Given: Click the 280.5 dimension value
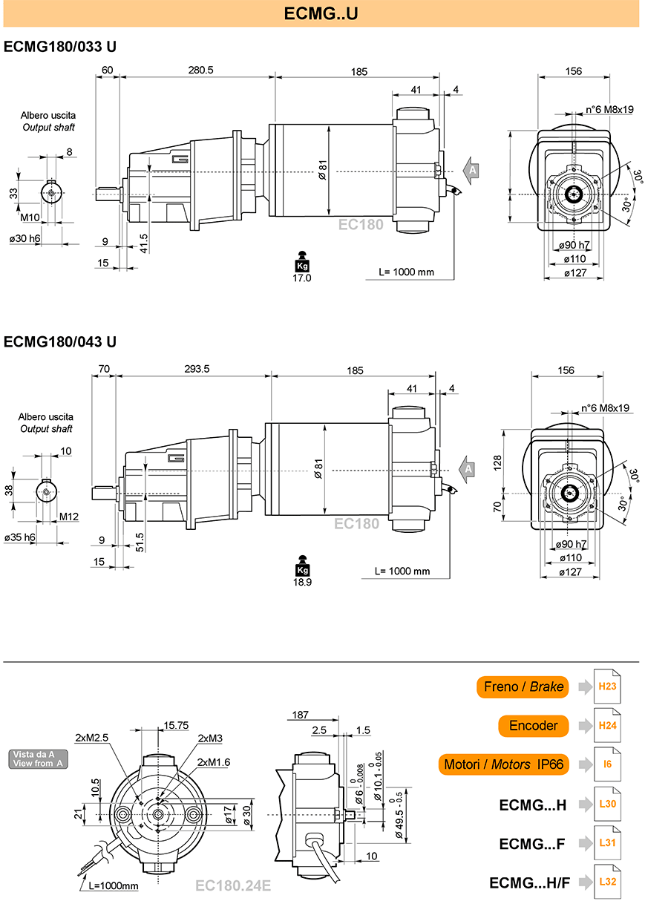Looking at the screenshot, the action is click(200, 70).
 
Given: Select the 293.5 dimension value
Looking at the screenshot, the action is click(197, 369).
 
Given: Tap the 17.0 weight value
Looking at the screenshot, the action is click(302, 278).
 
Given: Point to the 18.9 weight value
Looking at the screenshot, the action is click(302, 582).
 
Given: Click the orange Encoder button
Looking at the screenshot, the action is click(533, 725).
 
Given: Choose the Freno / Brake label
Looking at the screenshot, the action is click(523, 687).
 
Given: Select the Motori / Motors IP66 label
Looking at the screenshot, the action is click(503, 764).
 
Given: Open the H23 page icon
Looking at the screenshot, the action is click(607, 687).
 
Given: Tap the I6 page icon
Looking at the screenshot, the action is click(607, 764).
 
